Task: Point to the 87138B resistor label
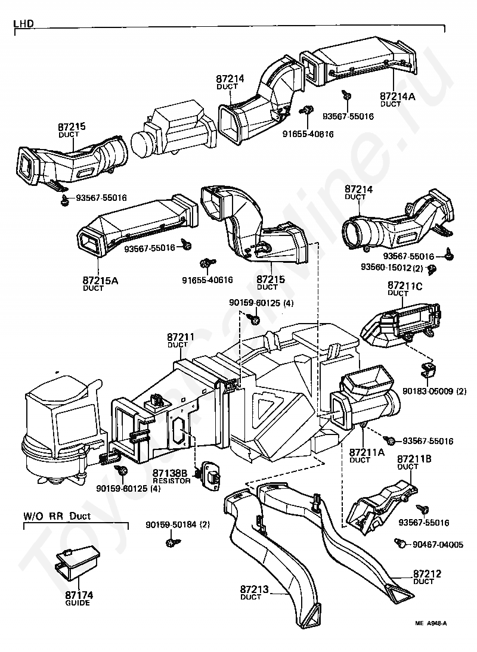point(170,473)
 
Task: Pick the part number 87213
point(255,590)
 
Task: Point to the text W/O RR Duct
point(57,516)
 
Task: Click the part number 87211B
point(410,459)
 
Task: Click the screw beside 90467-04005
point(401,543)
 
